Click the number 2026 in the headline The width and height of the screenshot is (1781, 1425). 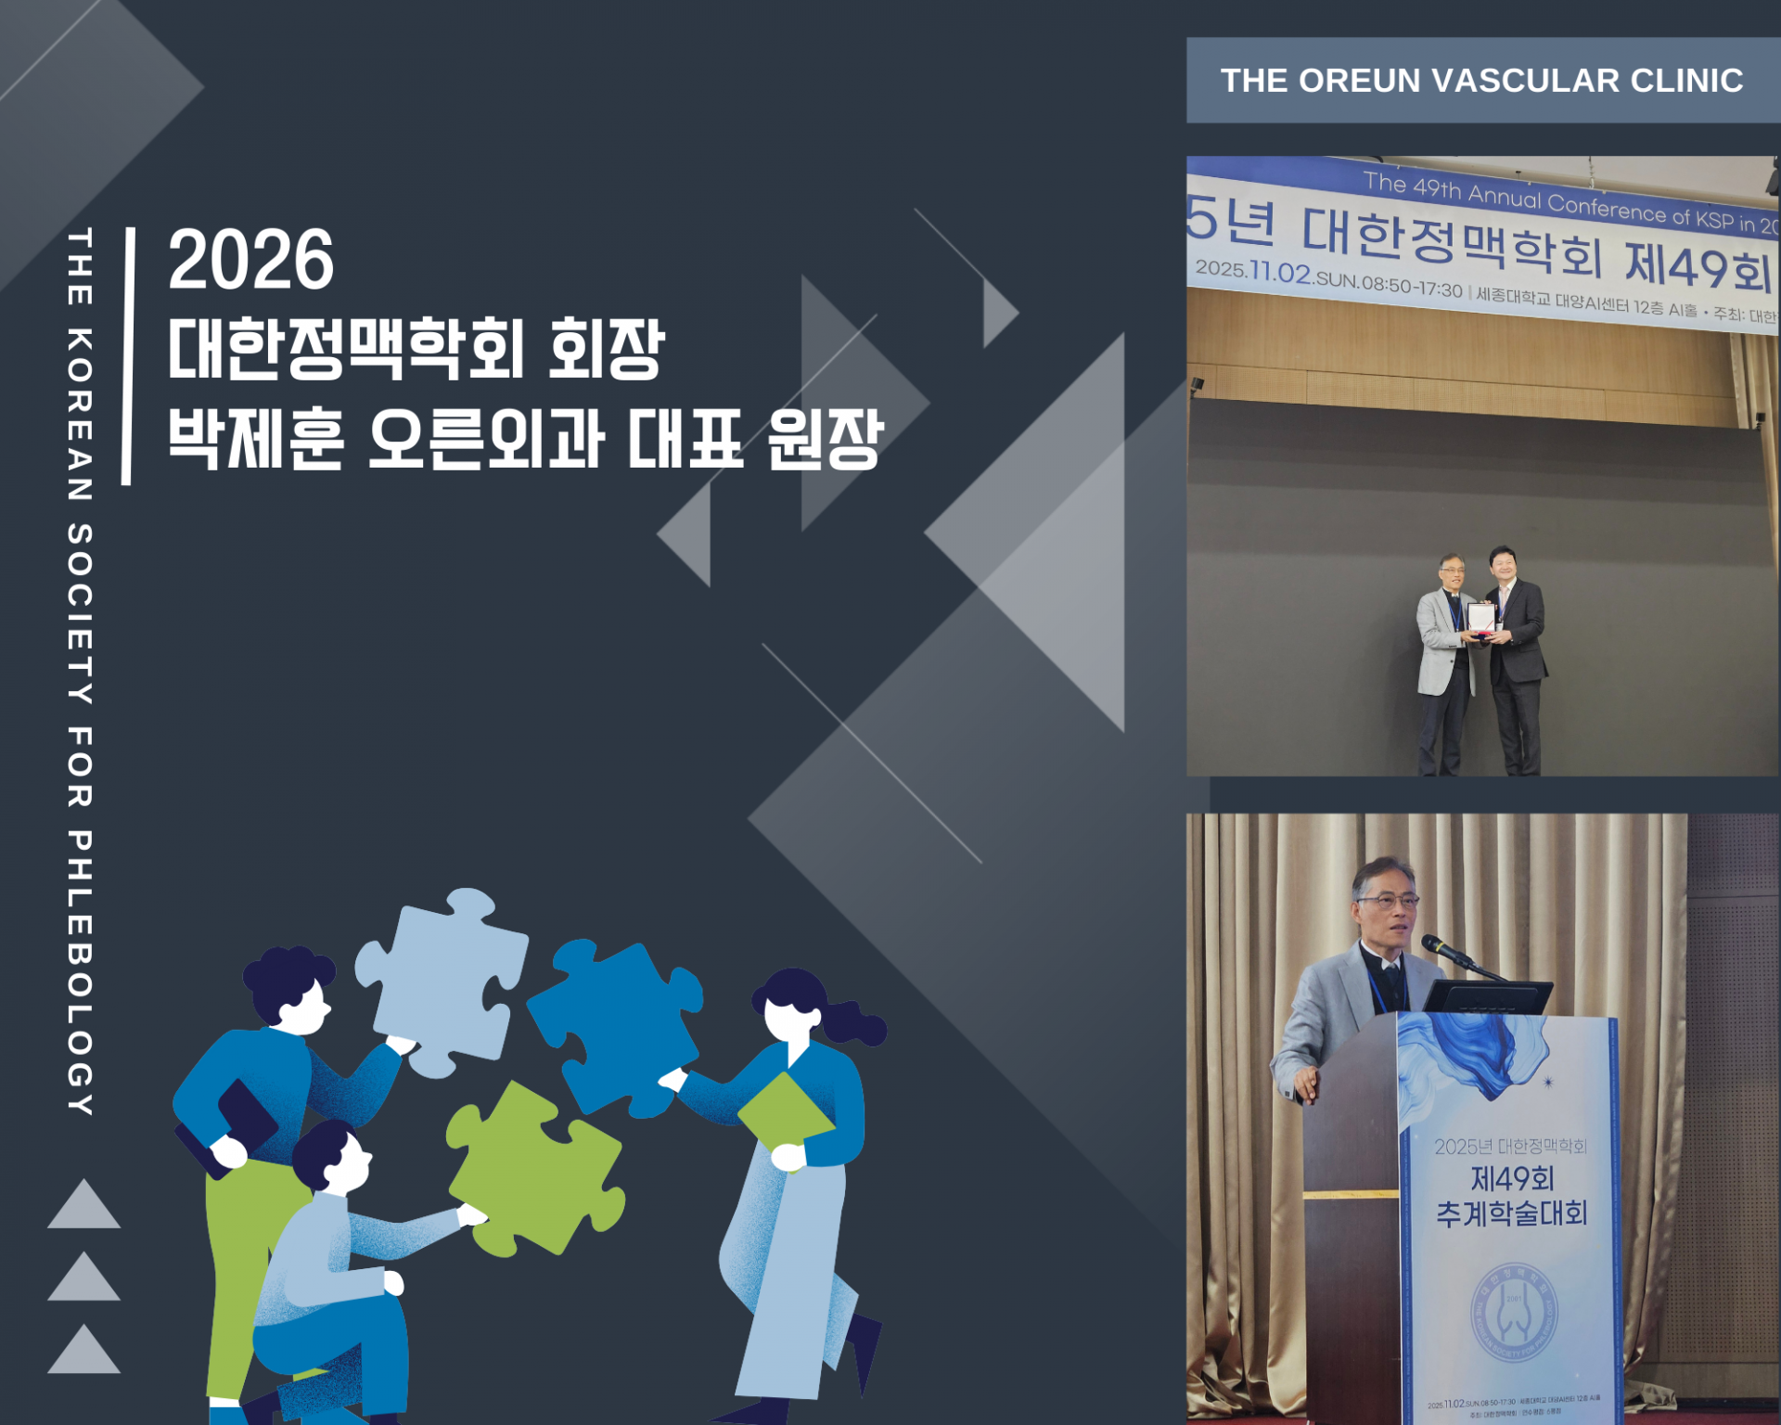point(250,261)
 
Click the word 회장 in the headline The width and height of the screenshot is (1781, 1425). point(607,349)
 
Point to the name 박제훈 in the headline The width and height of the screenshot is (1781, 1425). point(256,439)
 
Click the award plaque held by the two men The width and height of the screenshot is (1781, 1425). point(1480,618)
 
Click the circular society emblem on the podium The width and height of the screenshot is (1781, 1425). point(1514,1313)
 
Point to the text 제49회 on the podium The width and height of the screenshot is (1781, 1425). point(1512,1179)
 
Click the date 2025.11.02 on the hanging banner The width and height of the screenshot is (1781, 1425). point(1253,271)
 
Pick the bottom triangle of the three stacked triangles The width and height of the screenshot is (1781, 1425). point(84,1353)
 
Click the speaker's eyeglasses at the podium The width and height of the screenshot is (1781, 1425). point(1388,900)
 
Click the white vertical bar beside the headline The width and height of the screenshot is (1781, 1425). point(128,356)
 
